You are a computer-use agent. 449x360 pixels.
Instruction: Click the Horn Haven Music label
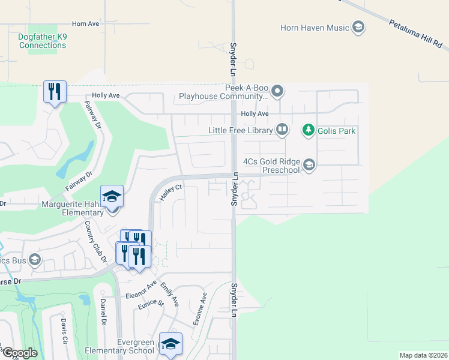(x=315, y=28)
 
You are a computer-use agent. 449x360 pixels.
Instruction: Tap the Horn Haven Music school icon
(x=358, y=28)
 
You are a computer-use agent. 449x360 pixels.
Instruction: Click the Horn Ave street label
(x=85, y=24)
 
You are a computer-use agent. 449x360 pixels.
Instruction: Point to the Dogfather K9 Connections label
(x=43, y=41)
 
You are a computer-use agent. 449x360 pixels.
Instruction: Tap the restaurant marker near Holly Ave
(x=55, y=92)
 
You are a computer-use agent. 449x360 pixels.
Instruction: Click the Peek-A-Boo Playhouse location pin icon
(x=277, y=92)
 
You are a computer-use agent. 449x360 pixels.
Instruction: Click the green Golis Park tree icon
(x=308, y=130)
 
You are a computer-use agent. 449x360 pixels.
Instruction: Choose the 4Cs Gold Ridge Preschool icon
(x=309, y=165)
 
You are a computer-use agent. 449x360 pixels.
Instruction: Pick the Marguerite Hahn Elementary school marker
(x=112, y=196)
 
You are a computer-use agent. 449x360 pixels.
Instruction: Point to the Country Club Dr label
(x=95, y=242)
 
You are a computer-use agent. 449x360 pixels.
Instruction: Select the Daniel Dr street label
(x=103, y=313)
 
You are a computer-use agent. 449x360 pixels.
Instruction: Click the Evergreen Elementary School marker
(x=170, y=344)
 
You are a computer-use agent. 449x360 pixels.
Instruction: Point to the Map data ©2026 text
(x=423, y=355)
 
